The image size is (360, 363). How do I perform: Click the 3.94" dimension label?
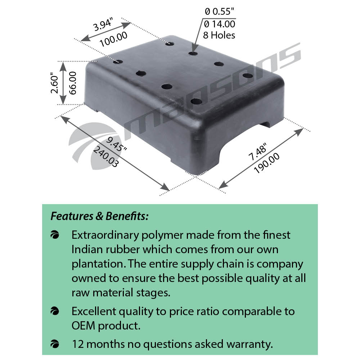point(103,24)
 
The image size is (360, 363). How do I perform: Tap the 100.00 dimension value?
point(113,39)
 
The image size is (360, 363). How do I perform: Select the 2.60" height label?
point(55,83)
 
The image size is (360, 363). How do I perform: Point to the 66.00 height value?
point(73,83)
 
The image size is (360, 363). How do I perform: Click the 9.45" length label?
point(117,144)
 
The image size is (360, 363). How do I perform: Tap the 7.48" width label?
point(257,152)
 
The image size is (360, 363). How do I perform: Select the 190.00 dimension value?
point(266,163)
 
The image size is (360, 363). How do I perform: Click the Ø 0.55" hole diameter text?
point(219,12)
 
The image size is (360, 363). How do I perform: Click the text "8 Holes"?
point(219,35)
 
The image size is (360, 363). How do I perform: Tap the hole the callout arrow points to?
point(193,53)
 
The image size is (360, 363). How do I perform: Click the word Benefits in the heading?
point(127,216)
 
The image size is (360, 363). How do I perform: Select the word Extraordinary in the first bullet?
point(105,236)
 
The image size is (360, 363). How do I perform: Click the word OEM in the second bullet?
point(83,326)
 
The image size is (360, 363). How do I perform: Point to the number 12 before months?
point(78,344)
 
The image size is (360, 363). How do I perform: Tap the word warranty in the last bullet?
point(249,345)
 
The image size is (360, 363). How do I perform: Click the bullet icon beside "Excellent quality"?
point(55,311)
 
